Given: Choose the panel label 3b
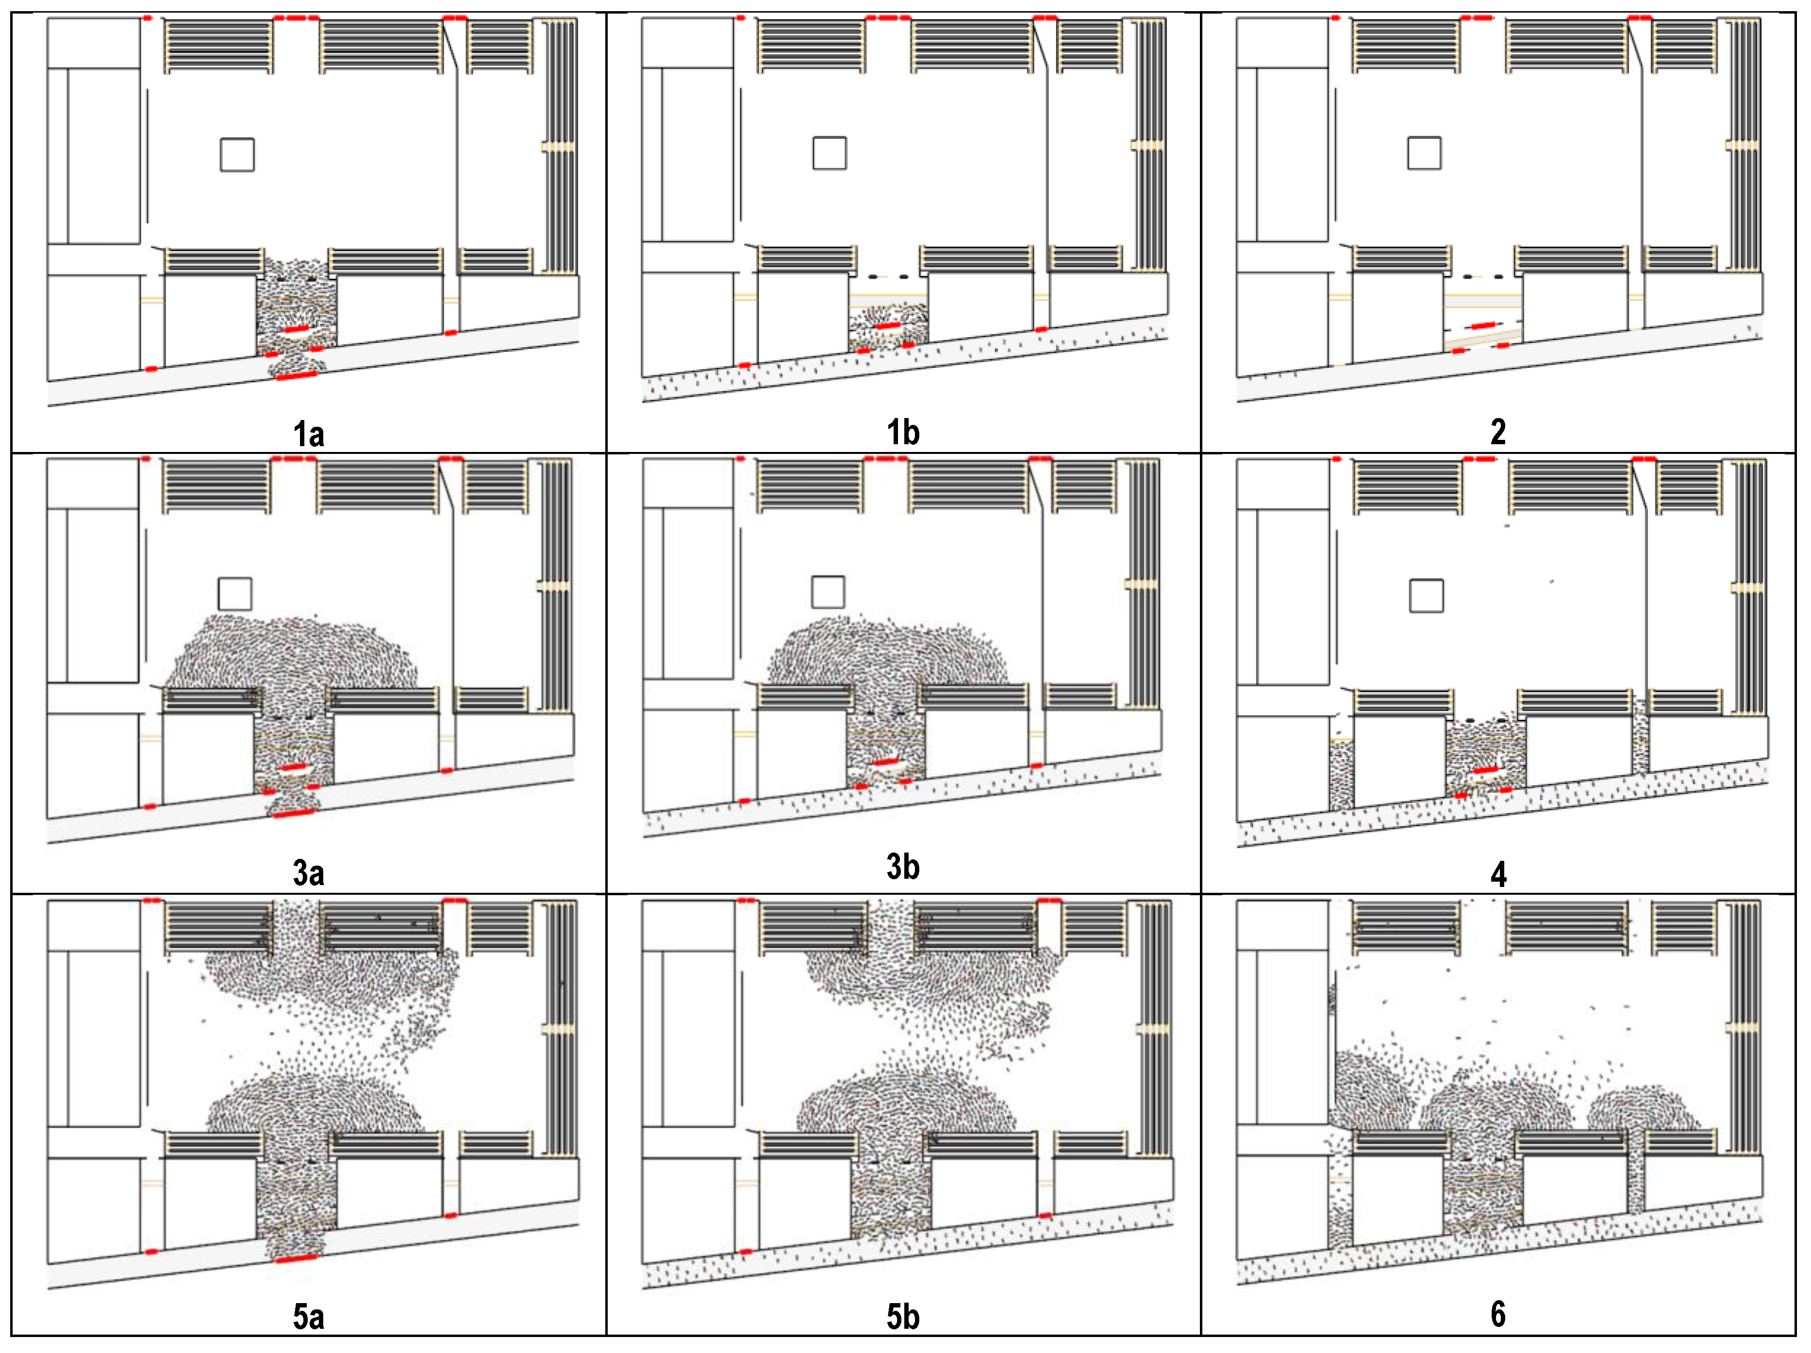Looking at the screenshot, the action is [x=903, y=867].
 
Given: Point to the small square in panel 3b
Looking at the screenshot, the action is [x=828, y=592].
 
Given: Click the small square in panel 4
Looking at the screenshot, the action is [x=1426, y=596].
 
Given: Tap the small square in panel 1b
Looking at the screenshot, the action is [x=829, y=153].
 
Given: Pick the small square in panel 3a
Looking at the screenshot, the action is [x=235, y=593].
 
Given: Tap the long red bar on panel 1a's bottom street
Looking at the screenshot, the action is [x=297, y=376].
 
